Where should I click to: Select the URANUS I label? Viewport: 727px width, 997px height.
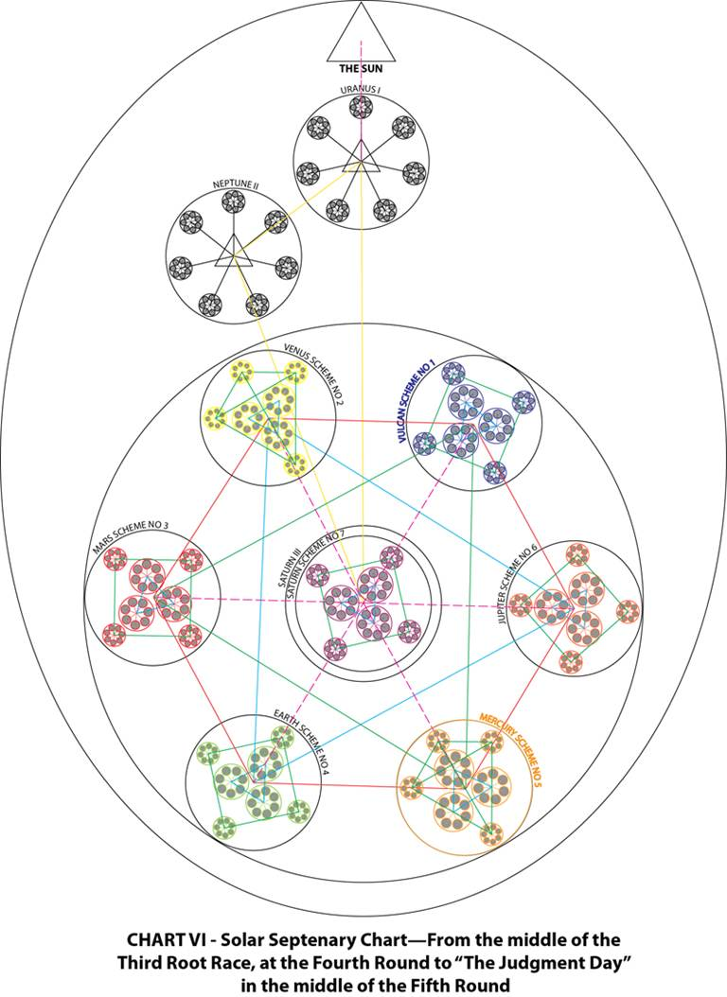point(361,90)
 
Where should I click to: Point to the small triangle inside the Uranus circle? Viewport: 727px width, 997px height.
point(361,163)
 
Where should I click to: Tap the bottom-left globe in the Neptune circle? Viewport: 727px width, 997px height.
point(209,304)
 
